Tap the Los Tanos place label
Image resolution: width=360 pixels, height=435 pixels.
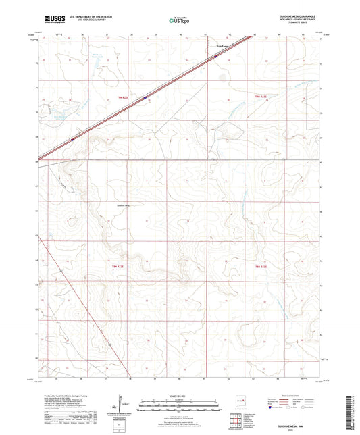[x=221, y=47]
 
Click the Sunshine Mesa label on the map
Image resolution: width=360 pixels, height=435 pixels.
[x=126, y=203]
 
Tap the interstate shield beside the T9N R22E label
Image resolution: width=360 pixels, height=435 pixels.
[x=145, y=98]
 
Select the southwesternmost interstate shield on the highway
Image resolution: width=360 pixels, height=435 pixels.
[x=72, y=140]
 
